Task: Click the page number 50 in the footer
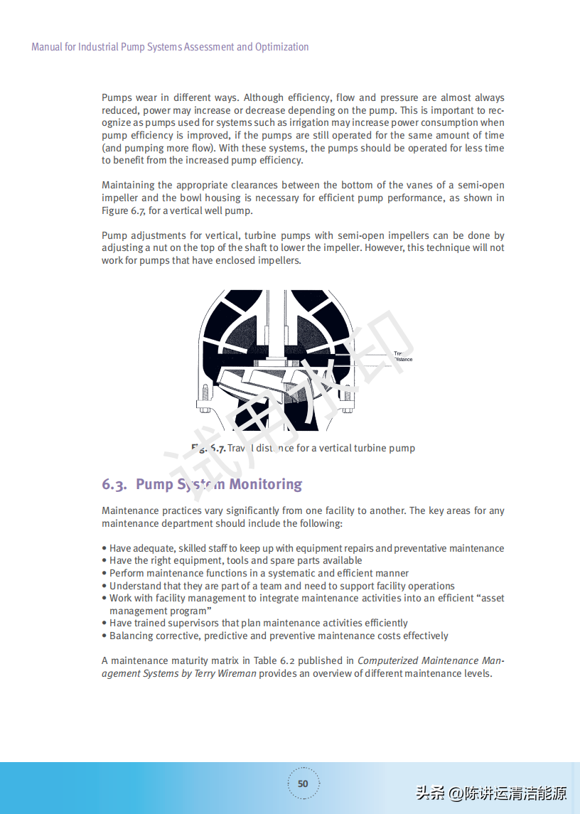tap(303, 783)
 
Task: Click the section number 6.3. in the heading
tap(114, 485)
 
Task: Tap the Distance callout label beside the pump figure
tap(403, 360)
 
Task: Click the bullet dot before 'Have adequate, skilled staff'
tap(104, 549)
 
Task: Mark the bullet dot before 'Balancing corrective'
tap(104, 636)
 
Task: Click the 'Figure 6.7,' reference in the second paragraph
tap(124, 211)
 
